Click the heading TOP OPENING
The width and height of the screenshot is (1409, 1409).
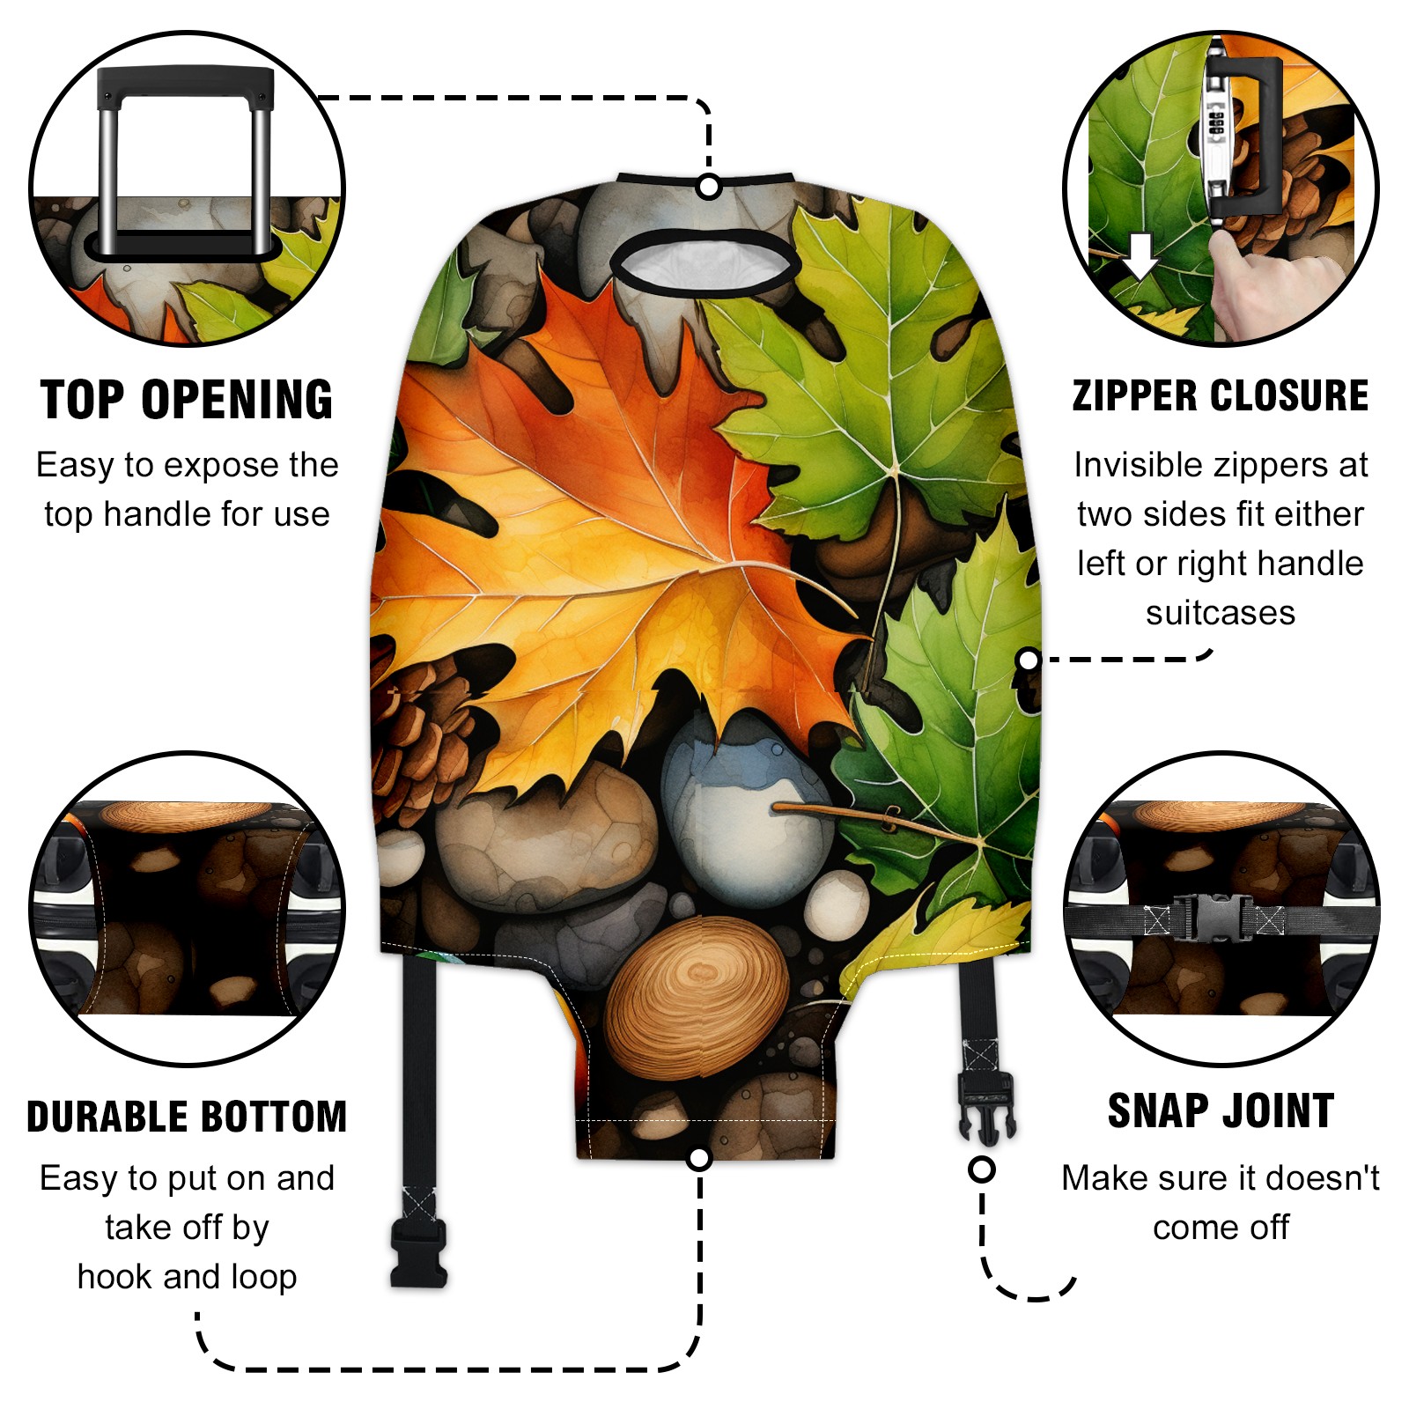[187, 400]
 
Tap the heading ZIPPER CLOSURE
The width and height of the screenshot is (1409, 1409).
[1221, 395]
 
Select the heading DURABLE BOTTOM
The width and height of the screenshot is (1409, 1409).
[187, 1117]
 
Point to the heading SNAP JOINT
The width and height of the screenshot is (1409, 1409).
[1221, 1110]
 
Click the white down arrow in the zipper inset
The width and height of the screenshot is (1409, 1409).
[1140, 255]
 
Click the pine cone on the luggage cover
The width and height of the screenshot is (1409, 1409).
[423, 735]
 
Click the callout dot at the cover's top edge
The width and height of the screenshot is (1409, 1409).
[709, 187]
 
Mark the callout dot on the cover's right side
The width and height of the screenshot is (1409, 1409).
[1028, 660]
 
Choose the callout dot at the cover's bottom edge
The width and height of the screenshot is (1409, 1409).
[699, 1158]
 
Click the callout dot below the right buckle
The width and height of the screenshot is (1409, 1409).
[982, 1169]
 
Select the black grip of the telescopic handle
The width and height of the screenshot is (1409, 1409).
[185, 85]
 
